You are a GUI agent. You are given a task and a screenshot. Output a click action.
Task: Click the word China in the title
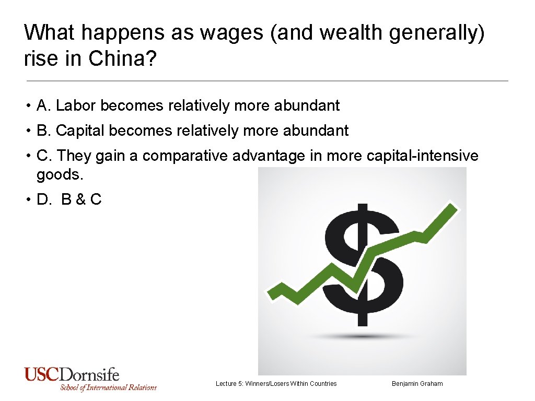point(119,58)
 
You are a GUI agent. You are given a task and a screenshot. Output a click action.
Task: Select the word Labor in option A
point(76,105)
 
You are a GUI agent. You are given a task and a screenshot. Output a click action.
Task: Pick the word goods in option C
point(60,174)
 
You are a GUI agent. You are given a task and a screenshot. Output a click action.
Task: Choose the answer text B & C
point(81,199)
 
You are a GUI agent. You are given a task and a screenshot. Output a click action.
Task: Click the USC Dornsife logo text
point(72,374)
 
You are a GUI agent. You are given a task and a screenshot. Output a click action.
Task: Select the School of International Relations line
point(108,387)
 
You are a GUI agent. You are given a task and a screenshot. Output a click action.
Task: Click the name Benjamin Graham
point(417,384)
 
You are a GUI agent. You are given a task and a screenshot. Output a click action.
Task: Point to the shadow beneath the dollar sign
point(363,337)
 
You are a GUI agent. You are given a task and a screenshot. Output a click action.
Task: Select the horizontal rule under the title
point(267,81)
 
